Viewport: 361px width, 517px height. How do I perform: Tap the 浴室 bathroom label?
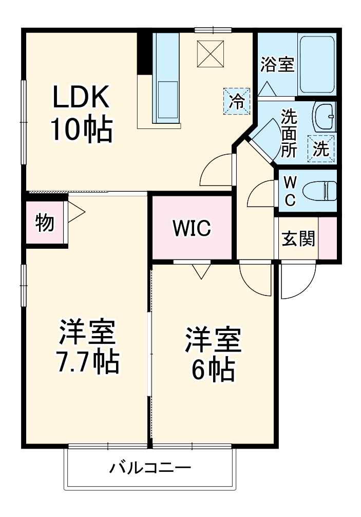click(277, 65)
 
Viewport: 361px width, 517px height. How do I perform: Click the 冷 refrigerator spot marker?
click(237, 100)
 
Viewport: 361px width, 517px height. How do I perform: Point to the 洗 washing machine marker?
click(321, 149)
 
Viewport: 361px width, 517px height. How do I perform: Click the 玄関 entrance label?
click(298, 238)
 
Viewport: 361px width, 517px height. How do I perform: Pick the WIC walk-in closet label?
click(191, 228)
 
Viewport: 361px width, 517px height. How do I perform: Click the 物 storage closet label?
click(45, 223)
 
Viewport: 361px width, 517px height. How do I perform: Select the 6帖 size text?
click(213, 368)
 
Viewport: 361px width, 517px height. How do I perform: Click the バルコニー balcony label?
click(150, 468)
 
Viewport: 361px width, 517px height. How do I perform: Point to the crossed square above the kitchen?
click(211, 52)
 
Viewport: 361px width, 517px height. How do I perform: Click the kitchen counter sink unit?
click(165, 77)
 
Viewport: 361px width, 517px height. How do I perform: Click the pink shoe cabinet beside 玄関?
click(327, 238)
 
